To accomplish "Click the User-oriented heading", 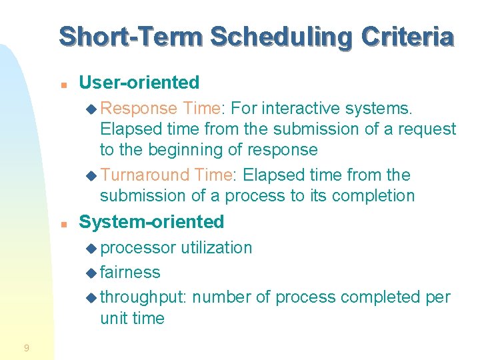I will click(139, 83).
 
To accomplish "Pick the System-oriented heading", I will click(151, 221).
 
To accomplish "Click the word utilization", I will click(214, 248).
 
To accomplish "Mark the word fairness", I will click(130, 273).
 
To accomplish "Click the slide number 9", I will click(26, 347).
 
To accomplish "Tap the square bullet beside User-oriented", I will click(63, 85).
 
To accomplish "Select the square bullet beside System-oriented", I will click(63, 223).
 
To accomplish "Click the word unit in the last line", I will click(114, 319).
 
